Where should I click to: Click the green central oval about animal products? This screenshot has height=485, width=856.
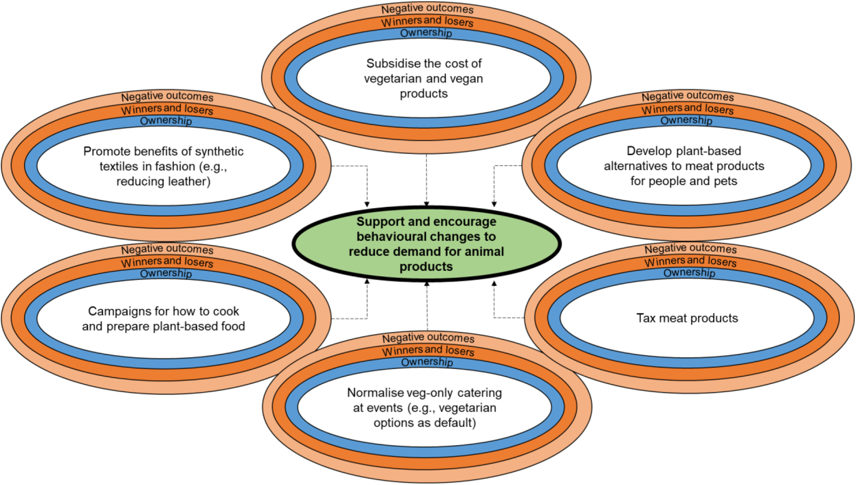(x=426, y=244)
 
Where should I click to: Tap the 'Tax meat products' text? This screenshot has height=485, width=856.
(x=687, y=318)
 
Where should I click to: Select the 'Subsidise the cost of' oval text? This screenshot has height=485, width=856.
(x=424, y=63)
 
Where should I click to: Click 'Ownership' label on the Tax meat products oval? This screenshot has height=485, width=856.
(x=689, y=273)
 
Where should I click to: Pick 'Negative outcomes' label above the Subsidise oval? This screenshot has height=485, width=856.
(x=427, y=8)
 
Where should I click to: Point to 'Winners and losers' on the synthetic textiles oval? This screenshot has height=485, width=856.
(x=167, y=109)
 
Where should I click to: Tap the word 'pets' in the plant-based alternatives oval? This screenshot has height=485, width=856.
(x=726, y=181)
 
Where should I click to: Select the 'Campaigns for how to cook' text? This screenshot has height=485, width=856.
(x=163, y=311)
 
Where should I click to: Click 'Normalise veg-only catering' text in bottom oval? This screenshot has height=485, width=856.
(x=424, y=393)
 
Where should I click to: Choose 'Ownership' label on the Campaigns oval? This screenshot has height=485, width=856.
(x=166, y=273)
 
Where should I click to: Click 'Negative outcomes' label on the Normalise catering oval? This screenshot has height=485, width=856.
(x=428, y=337)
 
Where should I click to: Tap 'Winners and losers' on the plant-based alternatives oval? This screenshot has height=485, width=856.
(x=687, y=109)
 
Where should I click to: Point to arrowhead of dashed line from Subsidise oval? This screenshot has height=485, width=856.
(x=426, y=204)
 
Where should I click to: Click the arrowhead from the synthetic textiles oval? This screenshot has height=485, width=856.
(x=367, y=204)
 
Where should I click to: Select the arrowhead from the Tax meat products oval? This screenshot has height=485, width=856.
(x=494, y=284)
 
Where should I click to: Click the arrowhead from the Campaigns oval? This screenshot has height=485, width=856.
(x=367, y=281)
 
